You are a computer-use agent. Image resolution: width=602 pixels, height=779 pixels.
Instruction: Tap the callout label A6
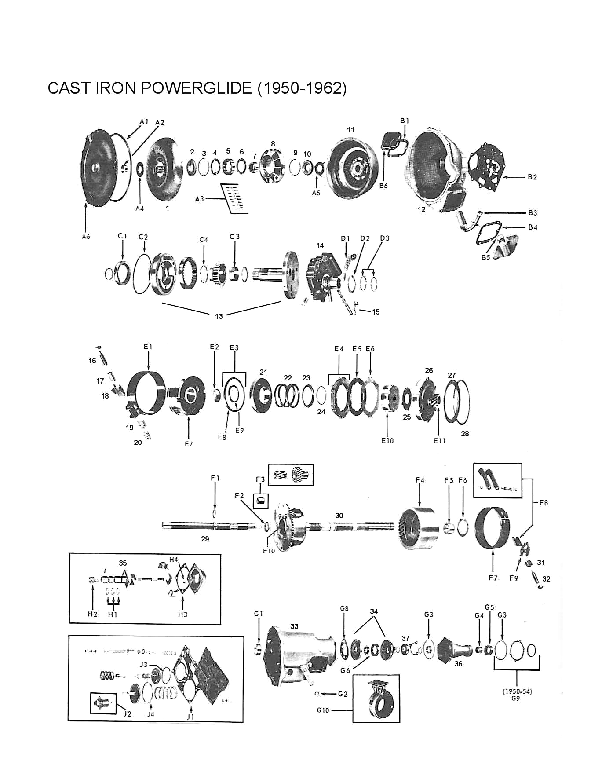click(86, 236)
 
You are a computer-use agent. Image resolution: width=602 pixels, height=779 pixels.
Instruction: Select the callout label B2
click(533, 177)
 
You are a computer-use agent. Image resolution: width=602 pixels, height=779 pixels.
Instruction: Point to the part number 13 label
click(219, 316)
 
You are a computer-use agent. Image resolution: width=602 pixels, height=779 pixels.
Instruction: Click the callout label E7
click(189, 444)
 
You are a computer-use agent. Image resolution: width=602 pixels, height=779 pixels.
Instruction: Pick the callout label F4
click(420, 480)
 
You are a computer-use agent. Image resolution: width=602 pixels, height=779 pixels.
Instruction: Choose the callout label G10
click(323, 710)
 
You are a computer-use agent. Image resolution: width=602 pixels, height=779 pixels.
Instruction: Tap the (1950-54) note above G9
click(517, 691)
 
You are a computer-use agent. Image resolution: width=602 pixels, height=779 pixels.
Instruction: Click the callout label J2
click(127, 714)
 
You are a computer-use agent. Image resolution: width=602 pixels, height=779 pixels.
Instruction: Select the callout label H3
click(182, 614)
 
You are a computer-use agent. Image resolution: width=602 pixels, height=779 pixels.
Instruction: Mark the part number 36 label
click(458, 663)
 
